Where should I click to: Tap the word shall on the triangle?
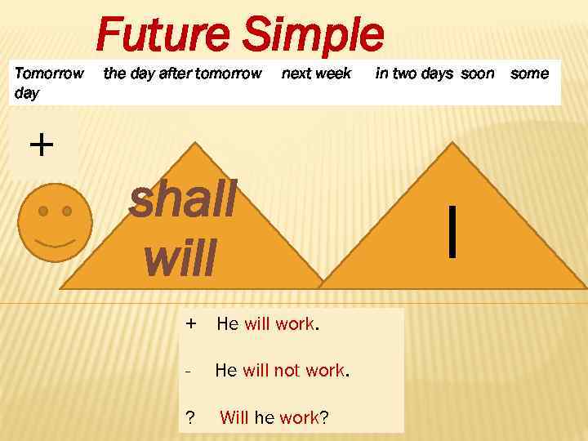point(183,202)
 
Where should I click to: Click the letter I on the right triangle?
point(452,231)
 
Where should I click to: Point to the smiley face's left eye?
point(45,211)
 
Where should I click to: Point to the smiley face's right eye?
point(67,211)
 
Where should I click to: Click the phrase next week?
point(316,73)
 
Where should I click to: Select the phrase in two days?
point(414,73)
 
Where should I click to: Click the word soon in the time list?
point(478,73)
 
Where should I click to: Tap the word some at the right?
point(529,73)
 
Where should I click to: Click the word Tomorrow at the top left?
point(50,73)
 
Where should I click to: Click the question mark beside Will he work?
point(190,418)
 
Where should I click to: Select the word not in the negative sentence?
point(287,371)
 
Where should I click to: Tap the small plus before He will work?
point(190,323)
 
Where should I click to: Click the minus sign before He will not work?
point(189,371)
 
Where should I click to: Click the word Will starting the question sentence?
point(234,418)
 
